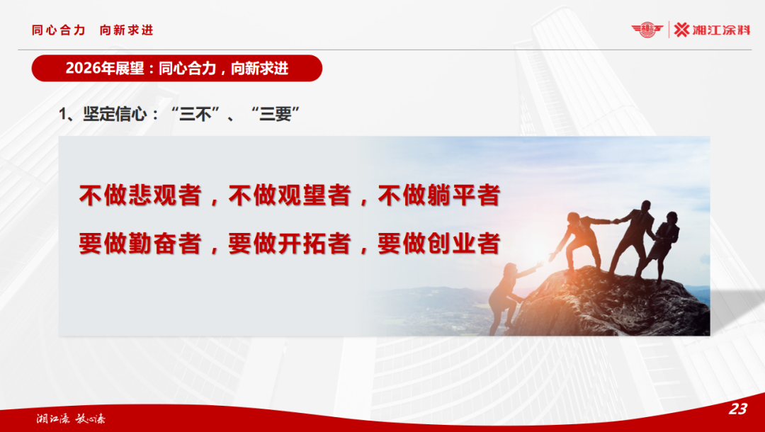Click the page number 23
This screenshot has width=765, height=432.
[738, 409]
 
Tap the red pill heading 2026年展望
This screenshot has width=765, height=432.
[177, 68]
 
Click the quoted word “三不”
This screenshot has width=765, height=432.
[195, 115]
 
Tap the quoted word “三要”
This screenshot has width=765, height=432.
[276, 115]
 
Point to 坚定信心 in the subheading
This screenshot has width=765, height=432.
[111, 115]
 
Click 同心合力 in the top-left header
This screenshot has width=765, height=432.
[59, 30]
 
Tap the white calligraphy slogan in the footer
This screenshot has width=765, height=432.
[71, 418]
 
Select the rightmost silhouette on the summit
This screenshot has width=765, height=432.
[664, 241]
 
